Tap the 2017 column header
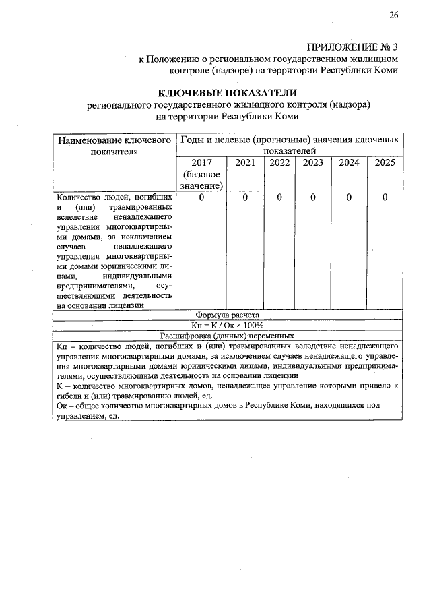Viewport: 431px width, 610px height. pyautogui.click(x=201, y=162)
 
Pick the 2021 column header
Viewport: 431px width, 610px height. pyautogui.click(x=245, y=162)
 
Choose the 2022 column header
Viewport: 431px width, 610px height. pyautogui.click(x=279, y=162)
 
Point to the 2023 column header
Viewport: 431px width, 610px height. pyautogui.click(x=313, y=162)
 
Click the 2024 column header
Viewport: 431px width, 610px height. pyautogui.click(x=349, y=162)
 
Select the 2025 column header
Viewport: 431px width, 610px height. pyautogui.click(x=385, y=162)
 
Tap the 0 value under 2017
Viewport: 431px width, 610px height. pyautogui.click(x=201, y=197)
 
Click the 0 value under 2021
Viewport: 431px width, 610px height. pyautogui.click(x=245, y=197)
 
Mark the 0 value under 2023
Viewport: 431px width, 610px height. pyautogui.click(x=313, y=197)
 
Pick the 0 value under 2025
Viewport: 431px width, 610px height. pyautogui.click(x=385, y=197)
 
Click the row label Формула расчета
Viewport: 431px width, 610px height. pyautogui.click(x=227, y=315)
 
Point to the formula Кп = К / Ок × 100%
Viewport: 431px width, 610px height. pyautogui.click(x=227, y=325)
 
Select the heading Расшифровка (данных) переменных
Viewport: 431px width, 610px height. pyautogui.click(x=227, y=336)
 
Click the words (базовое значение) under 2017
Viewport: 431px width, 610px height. pyautogui.click(x=201, y=180)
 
